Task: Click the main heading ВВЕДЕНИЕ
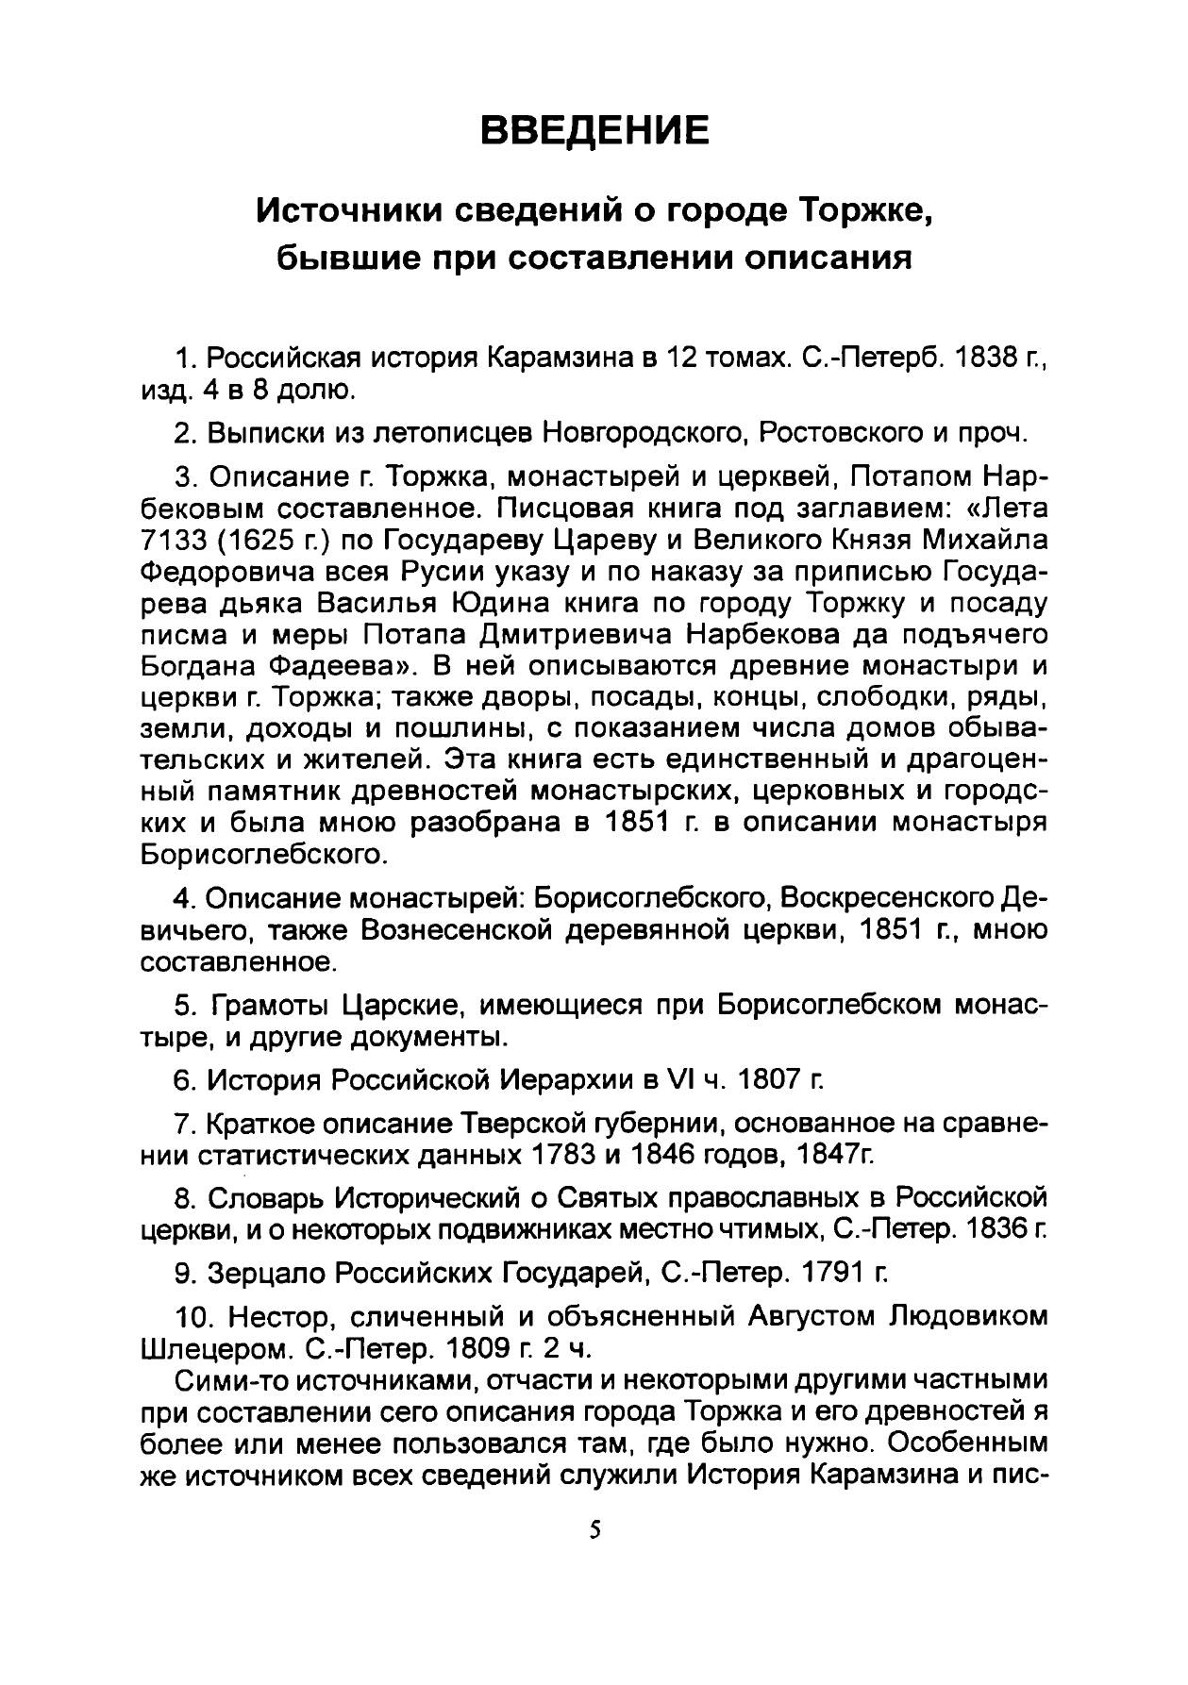[x=594, y=129]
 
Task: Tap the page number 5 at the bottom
[x=594, y=1528]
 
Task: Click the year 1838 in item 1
[x=978, y=358]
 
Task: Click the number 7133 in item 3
[x=172, y=541]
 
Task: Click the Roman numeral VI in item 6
[x=679, y=1079]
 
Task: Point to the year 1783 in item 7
[x=565, y=1154]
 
